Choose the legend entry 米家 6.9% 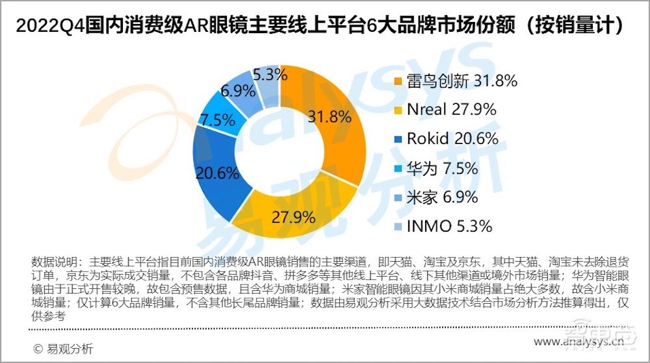tap(442, 197)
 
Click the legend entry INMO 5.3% tap(449, 226)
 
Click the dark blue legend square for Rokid tap(398, 138)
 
